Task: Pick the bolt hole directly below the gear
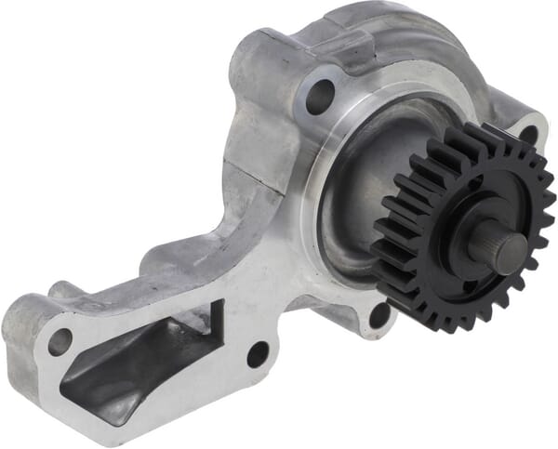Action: [x=380, y=314]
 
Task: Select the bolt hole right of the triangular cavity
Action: [x=257, y=355]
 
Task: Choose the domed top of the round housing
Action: [x=391, y=37]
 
